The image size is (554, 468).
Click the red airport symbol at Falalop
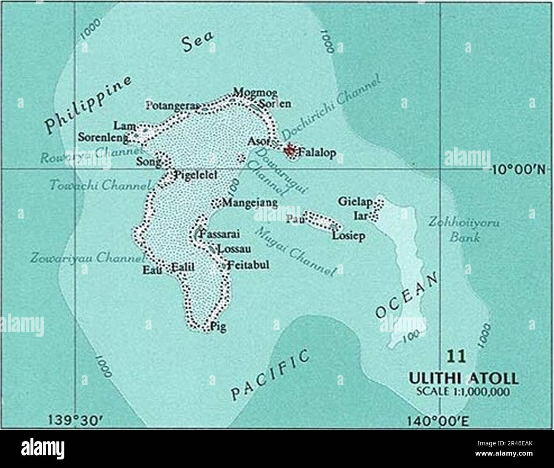(x=290, y=150)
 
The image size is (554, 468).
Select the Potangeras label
(x=173, y=105)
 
